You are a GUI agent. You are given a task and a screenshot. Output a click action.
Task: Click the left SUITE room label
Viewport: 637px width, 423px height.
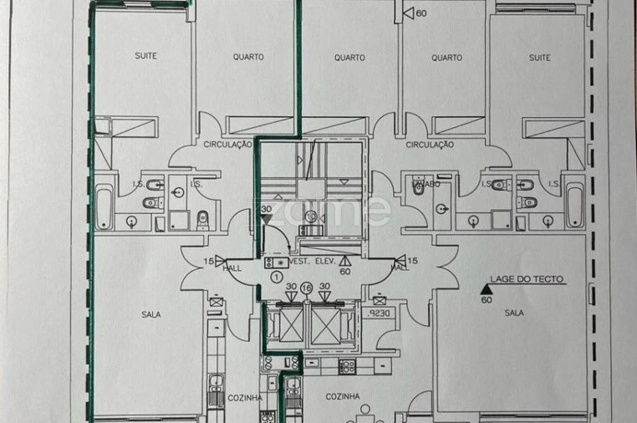[145, 56]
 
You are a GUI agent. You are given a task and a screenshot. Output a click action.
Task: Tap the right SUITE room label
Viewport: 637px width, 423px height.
[539, 58]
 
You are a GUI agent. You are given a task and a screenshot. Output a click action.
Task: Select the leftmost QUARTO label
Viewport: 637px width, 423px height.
[248, 57]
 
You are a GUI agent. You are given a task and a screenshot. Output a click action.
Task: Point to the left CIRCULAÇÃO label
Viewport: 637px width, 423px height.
[228, 145]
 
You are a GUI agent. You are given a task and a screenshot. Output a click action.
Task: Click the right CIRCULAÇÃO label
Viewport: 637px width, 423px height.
[430, 145]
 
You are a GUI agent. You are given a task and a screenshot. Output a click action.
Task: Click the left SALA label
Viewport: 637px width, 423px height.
[150, 314]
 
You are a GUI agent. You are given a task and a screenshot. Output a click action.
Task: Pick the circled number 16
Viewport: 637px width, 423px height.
[306, 288]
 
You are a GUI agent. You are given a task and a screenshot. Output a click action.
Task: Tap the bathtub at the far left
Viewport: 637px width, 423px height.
[103, 207]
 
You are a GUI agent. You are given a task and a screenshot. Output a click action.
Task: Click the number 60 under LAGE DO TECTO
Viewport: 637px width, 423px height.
[486, 302]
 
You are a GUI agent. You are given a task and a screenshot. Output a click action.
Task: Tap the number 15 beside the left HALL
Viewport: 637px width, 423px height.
[207, 261]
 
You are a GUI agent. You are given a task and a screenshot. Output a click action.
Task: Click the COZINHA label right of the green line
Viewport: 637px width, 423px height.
[342, 396]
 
